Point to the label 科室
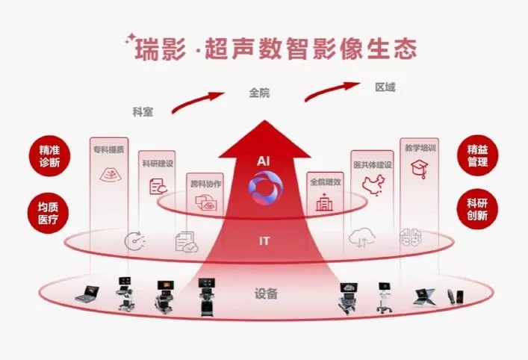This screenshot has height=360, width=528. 143,111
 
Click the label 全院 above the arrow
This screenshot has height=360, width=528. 259,93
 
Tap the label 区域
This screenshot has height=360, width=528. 385,87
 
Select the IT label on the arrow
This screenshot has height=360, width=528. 264,240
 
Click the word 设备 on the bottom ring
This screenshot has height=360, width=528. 266,294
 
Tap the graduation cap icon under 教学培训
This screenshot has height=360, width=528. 419,169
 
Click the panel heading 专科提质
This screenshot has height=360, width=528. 108,149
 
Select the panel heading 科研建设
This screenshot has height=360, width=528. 157,163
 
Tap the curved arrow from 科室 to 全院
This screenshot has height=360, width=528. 197,102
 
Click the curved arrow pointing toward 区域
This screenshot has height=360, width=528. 329,92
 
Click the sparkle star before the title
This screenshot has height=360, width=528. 130,37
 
